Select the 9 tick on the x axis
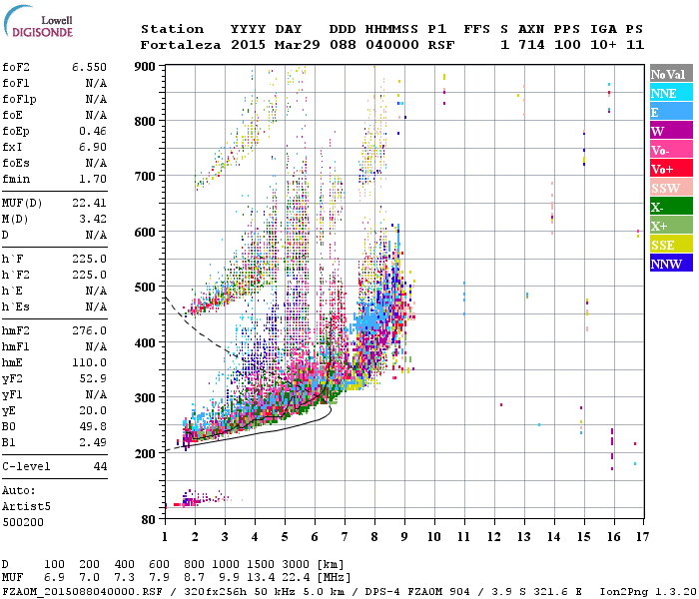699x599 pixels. coord(404,537)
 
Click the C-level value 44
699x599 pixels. coord(100,466)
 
